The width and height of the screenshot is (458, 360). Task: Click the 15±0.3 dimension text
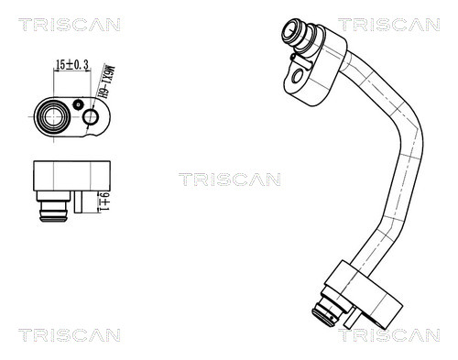click(71, 65)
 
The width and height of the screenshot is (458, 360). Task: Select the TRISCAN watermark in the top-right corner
click(397, 25)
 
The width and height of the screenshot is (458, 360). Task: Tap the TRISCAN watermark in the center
click(229, 179)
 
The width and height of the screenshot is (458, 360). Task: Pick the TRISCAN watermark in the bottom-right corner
click(397, 335)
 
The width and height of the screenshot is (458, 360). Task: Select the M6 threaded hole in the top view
click(90, 117)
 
